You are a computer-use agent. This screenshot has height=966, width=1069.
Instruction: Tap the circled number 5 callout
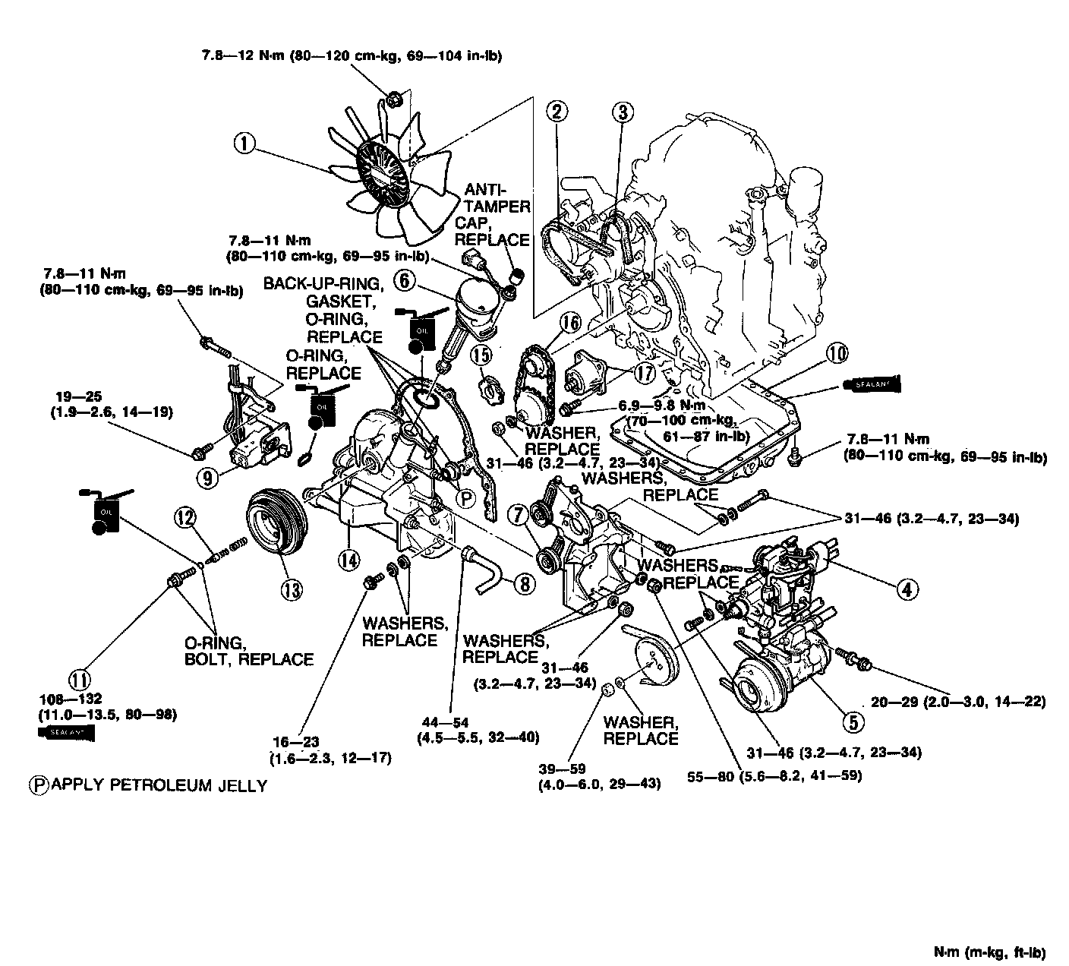tap(853, 721)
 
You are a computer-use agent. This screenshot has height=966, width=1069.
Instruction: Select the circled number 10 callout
tap(837, 352)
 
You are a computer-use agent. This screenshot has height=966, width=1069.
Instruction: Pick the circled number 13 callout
tap(292, 589)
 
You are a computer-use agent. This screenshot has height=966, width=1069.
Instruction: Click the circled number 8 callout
tap(523, 582)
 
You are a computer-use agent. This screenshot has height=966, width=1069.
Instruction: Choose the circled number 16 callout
tap(570, 322)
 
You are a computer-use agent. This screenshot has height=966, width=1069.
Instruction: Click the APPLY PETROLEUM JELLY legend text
tap(158, 785)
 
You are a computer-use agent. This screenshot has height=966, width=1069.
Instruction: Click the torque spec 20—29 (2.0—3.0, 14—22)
tap(958, 702)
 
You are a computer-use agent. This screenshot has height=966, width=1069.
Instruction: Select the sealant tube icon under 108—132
tap(68, 733)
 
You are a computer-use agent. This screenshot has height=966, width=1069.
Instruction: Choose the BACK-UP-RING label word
tap(323, 283)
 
